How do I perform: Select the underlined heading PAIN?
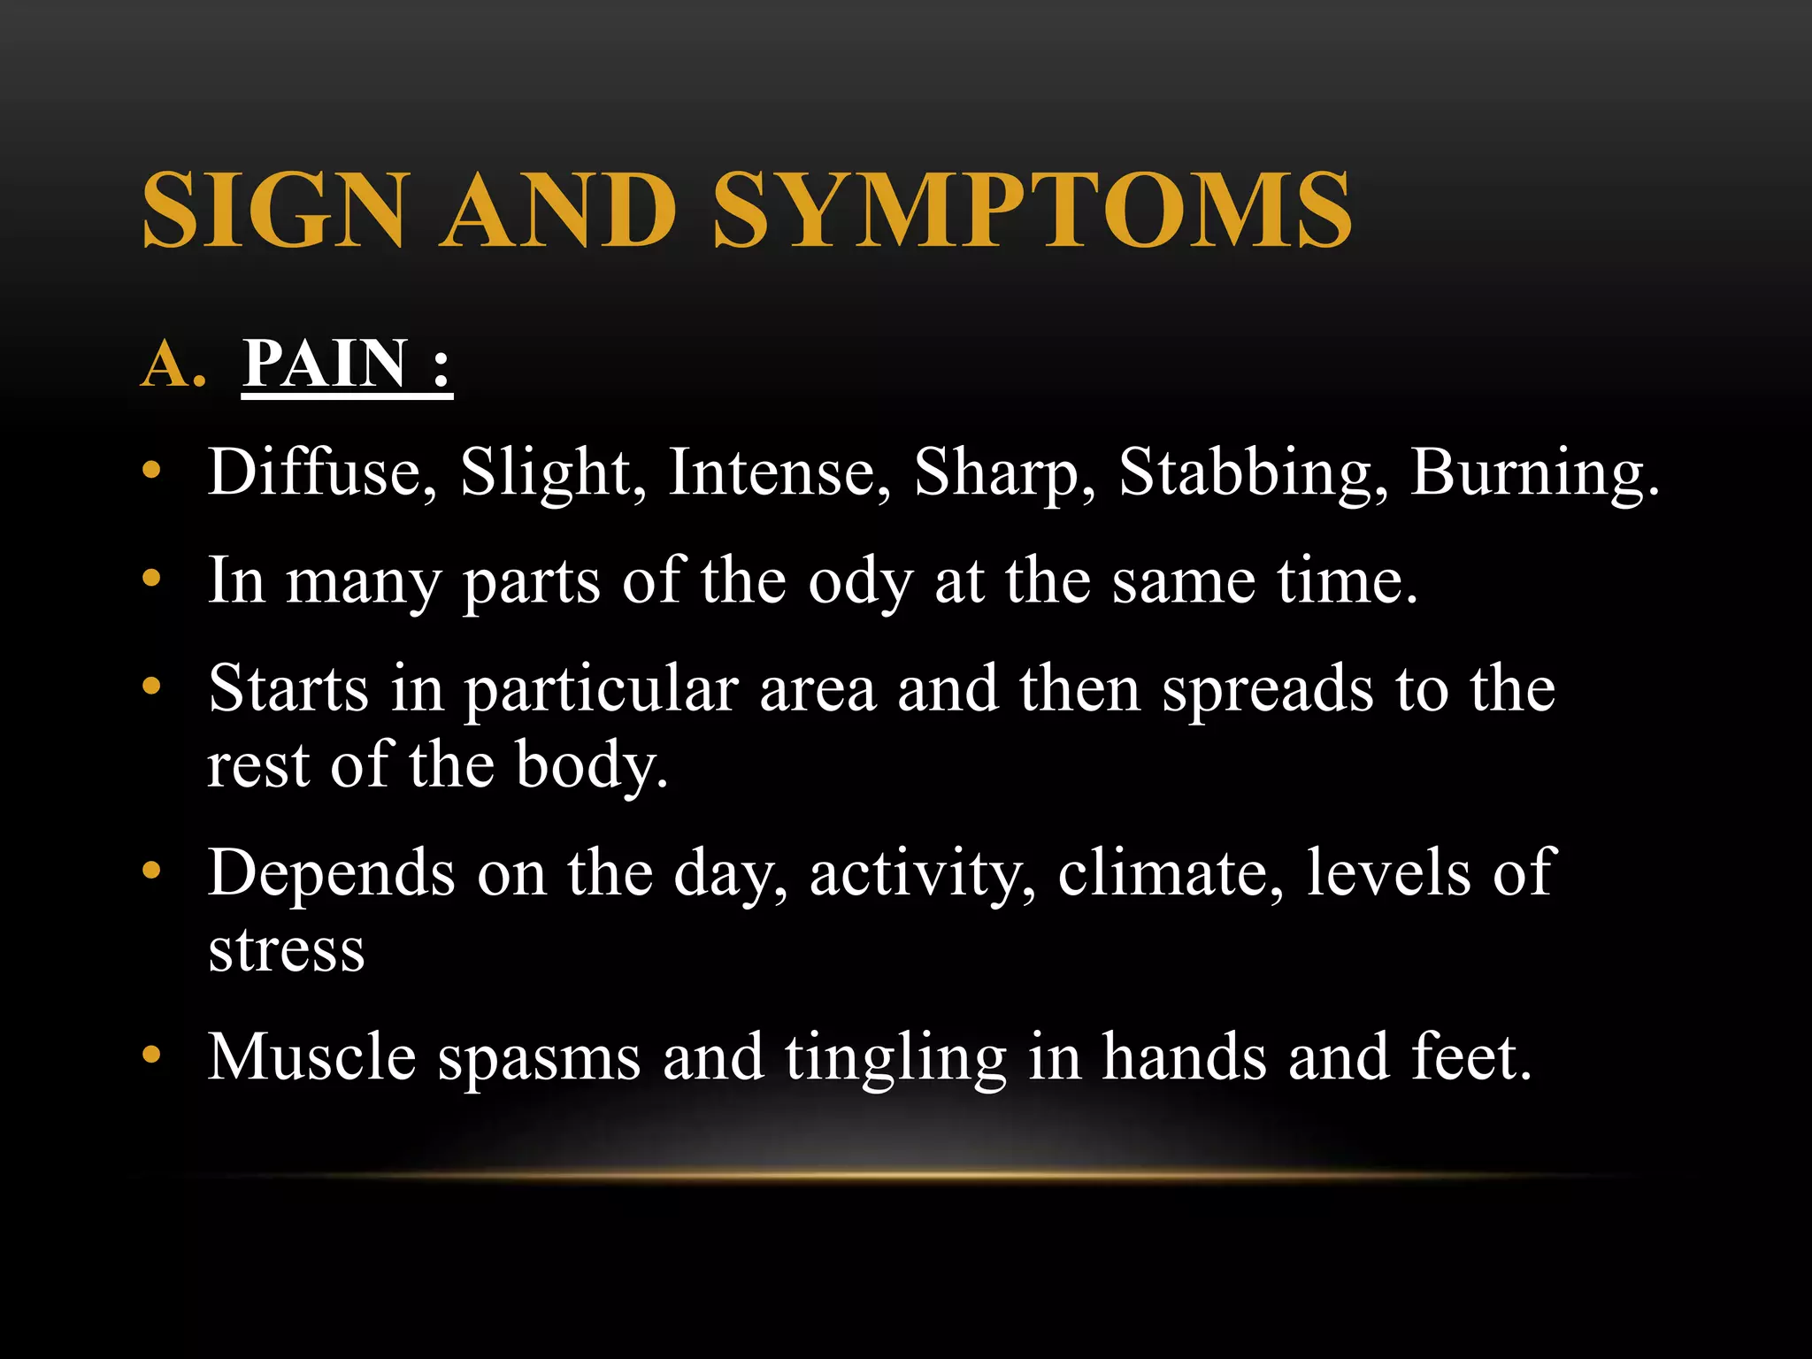[x=325, y=364]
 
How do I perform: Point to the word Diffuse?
[x=322, y=472]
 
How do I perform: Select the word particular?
[x=602, y=691]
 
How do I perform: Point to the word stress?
[x=287, y=950]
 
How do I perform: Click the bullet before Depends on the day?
[x=152, y=871]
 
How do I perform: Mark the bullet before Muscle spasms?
[x=152, y=1055]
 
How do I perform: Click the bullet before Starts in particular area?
[x=152, y=687]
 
